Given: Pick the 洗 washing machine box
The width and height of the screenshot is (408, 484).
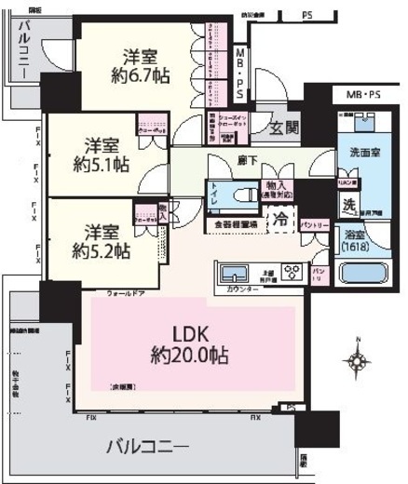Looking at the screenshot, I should point(346,206).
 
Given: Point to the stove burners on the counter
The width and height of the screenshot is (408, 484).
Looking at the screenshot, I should point(292,273).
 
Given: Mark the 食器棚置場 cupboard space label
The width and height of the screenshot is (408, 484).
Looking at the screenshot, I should point(237,224).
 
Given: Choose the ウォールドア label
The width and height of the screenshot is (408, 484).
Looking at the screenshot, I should point(124,293).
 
